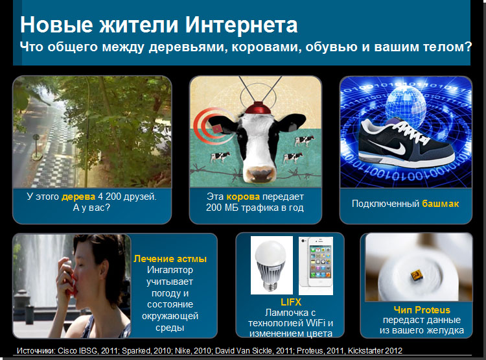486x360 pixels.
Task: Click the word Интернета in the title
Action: [x=242, y=25]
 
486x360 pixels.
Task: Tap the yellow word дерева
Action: [x=78, y=197]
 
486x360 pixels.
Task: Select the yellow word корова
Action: [x=243, y=197]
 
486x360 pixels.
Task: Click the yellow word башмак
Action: [x=441, y=204]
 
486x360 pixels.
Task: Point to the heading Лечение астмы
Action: [x=170, y=259]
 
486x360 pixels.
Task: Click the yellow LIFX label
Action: [x=291, y=302]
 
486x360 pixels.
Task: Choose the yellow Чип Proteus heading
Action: [x=422, y=309]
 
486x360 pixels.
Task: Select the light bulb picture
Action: [x=272, y=265]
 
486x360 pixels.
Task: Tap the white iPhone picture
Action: [x=316, y=266]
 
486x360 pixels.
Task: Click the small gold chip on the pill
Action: [x=415, y=274]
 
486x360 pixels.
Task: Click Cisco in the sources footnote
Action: [x=67, y=351]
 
